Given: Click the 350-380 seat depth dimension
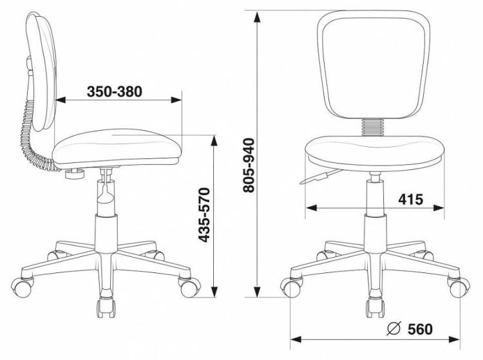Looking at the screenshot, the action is (114, 91).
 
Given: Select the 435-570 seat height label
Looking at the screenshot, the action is (204, 214).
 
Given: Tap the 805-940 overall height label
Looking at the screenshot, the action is (249, 166).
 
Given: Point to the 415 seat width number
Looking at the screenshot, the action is (411, 200).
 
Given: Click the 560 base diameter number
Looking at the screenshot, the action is (420, 329).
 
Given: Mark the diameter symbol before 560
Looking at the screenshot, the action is (393, 329).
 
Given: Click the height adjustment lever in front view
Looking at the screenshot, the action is (320, 176).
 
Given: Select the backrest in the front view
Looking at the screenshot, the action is (374, 64).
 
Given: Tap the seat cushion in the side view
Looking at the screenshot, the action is (117, 148).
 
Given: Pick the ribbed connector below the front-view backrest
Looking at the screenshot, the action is (374, 127).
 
